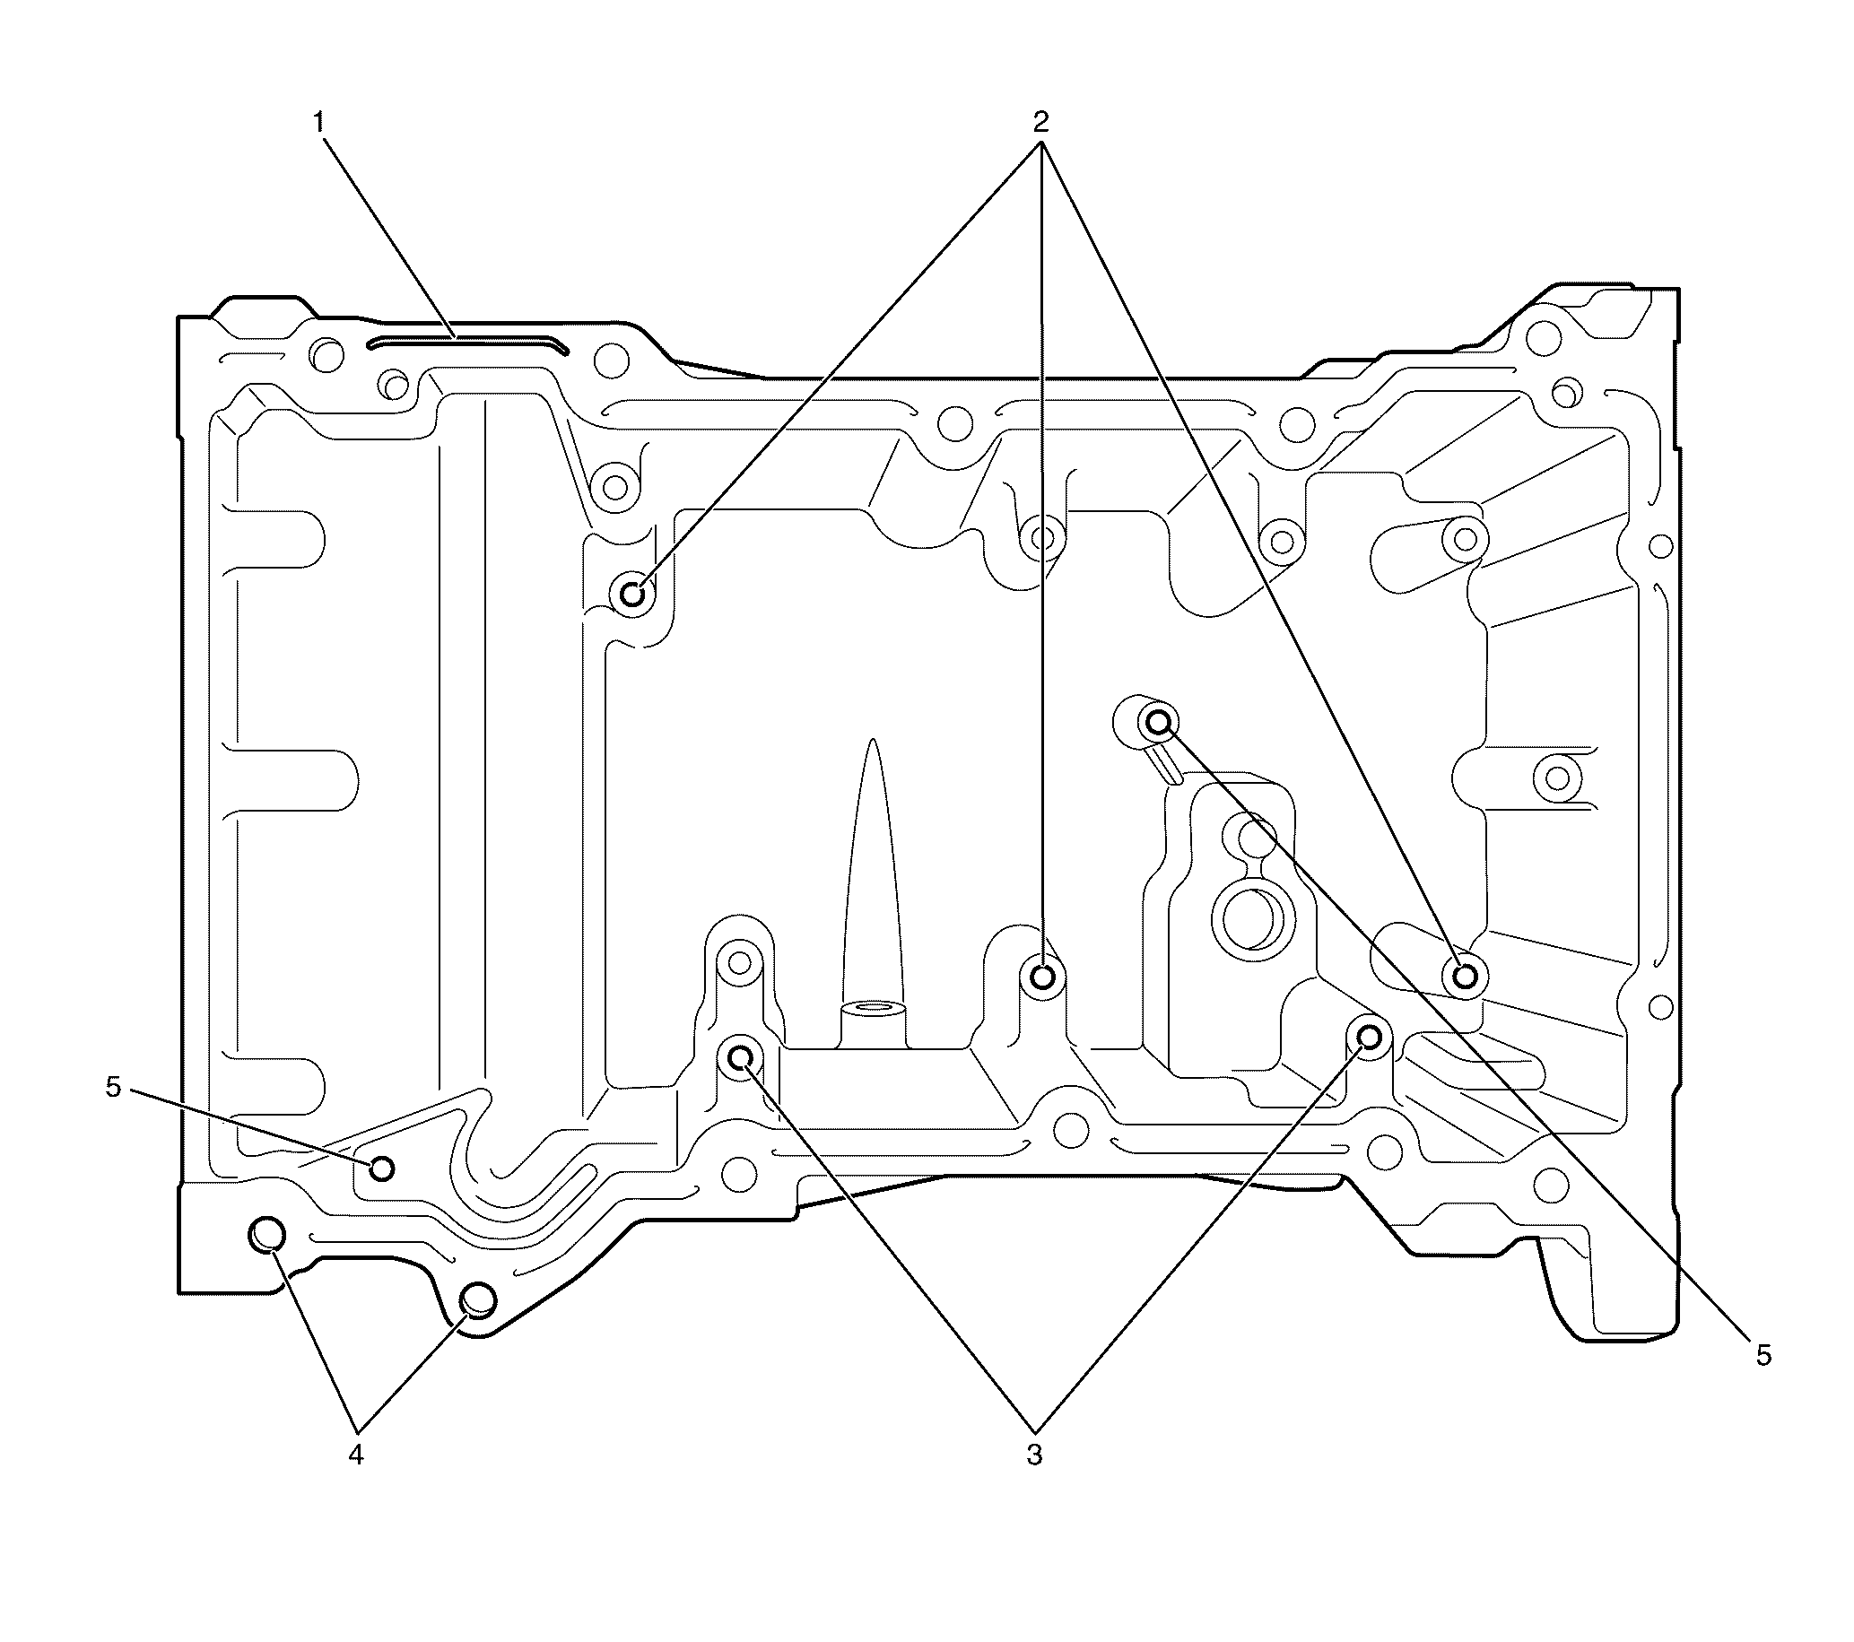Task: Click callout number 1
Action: (319, 122)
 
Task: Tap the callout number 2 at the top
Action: (1040, 121)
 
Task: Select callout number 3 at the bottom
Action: (1034, 1455)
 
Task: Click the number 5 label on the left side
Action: (113, 1087)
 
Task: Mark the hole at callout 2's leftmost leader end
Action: (632, 595)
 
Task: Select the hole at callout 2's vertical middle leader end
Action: (1043, 977)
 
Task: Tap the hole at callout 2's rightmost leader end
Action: (1465, 977)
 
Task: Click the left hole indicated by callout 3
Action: (740, 1056)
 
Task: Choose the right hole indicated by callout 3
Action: (1368, 1036)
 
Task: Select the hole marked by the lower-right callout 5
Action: (1159, 723)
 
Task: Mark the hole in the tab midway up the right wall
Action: (1556, 777)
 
